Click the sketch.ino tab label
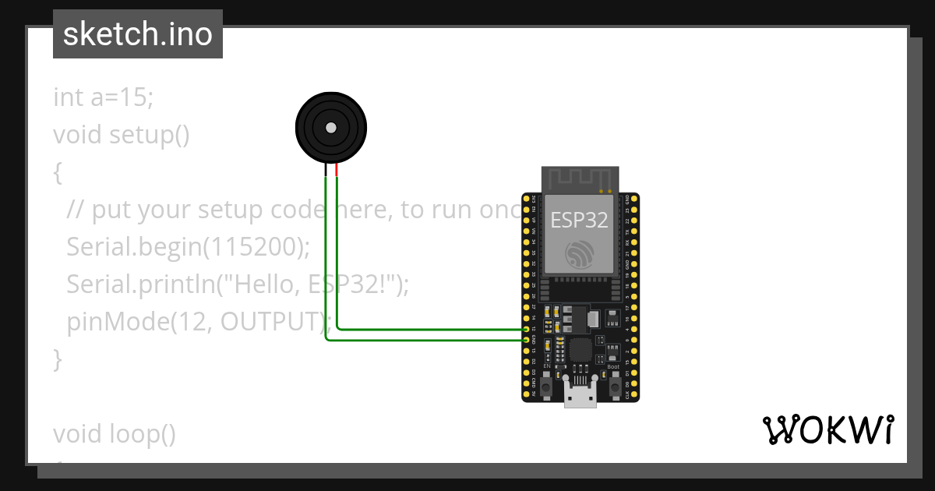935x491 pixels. click(x=137, y=34)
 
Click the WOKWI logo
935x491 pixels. click(x=827, y=430)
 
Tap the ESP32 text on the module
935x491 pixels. click(x=579, y=221)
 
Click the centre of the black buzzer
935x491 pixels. click(x=331, y=127)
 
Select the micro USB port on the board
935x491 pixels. click(x=580, y=397)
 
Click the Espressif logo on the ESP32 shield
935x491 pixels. click(x=580, y=254)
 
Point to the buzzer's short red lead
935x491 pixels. click(x=337, y=170)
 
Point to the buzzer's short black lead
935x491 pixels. click(x=326, y=170)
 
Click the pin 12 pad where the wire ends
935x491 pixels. click(x=527, y=330)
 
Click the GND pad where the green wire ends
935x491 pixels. click(x=527, y=341)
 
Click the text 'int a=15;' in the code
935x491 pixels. click(x=104, y=98)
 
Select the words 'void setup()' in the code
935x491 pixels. click(x=122, y=135)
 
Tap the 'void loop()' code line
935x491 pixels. click(x=115, y=433)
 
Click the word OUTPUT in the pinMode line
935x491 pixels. click(x=272, y=321)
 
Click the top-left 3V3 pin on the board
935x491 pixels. click(x=527, y=200)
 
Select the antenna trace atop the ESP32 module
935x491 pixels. click(x=580, y=178)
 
